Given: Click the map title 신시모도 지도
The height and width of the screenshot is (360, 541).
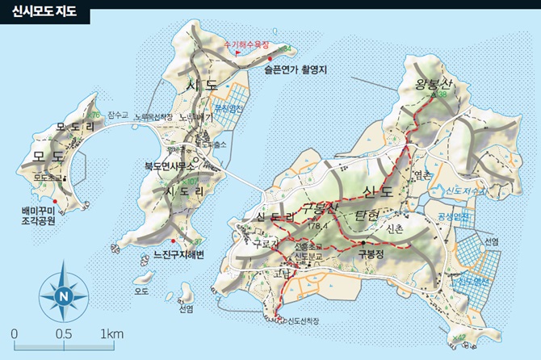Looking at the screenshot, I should (44, 12).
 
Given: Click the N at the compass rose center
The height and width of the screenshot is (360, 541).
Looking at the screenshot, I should (64, 295).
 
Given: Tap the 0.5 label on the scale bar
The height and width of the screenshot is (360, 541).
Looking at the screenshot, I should (62, 334).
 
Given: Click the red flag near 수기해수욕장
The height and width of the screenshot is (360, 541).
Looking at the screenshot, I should (237, 53).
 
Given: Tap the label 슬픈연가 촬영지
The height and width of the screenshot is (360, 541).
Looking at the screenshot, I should (294, 69).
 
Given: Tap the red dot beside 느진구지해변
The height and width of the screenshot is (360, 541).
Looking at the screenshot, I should (173, 241).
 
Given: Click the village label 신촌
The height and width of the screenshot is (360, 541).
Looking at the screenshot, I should (394, 229).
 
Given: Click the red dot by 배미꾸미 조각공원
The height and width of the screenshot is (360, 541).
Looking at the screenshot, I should (55, 200).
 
